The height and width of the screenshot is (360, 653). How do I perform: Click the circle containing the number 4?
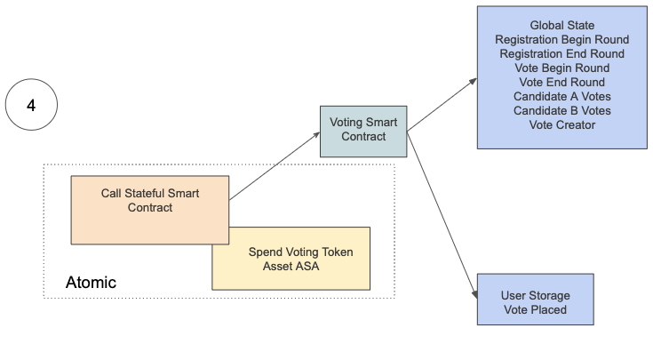click(31, 106)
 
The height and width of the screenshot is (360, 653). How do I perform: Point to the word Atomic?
click(91, 283)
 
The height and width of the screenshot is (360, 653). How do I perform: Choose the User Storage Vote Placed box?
click(534, 302)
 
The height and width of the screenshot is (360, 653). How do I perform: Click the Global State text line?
click(561, 26)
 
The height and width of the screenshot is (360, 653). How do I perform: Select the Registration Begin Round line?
click(561, 40)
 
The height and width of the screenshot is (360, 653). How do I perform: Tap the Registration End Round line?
click(561, 54)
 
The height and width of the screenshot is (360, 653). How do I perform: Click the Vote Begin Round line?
click(561, 68)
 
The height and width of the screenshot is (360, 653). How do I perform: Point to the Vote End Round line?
click(561, 83)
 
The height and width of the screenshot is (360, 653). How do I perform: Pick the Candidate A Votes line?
click(561, 97)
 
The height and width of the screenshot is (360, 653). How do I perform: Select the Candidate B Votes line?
click(561, 111)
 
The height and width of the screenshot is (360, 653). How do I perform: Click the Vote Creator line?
click(561, 125)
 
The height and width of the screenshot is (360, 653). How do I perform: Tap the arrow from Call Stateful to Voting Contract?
click(275, 166)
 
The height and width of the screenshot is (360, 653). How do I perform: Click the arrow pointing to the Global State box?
click(442, 106)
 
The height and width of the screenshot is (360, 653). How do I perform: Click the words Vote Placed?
click(535, 309)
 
